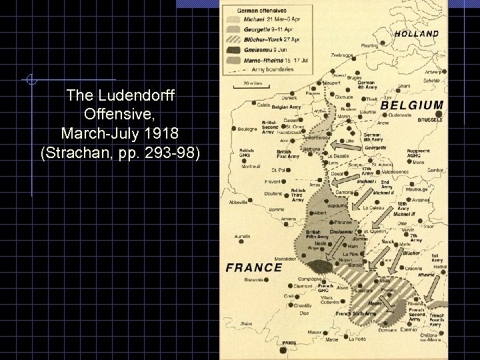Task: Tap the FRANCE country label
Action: [x=255, y=267]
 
